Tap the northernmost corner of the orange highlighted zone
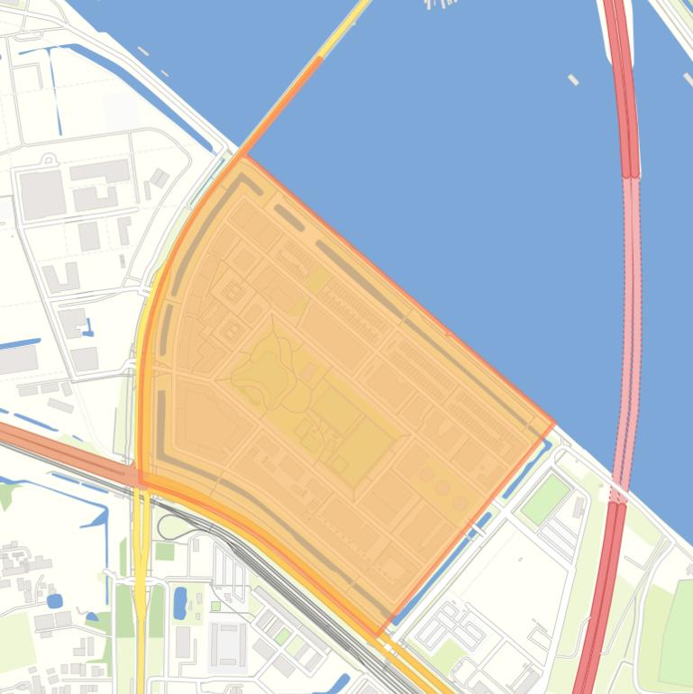coord(242,156)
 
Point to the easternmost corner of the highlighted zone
coord(554,426)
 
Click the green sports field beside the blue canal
coord(545,498)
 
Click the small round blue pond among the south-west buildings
coord(54,600)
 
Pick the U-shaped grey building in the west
coord(59,278)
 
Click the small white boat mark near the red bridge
coord(573,79)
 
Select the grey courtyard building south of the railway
coord(226,644)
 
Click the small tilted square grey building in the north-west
coord(160,178)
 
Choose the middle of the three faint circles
coord(442,487)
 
